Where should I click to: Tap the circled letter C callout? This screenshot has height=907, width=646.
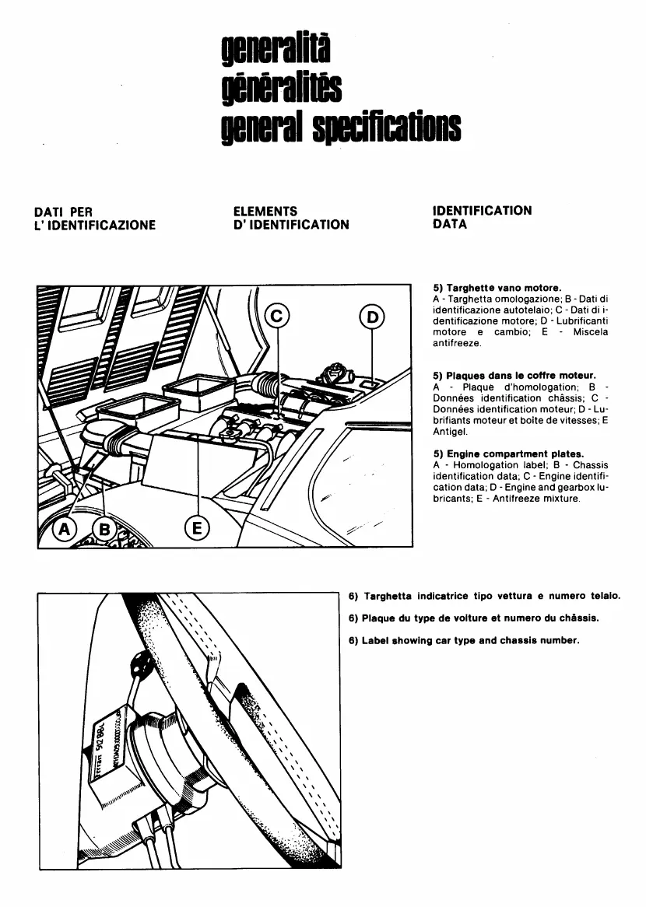coord(277,317)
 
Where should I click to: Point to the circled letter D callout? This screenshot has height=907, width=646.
coord(372,317)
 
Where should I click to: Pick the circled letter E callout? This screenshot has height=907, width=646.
coord(197,529)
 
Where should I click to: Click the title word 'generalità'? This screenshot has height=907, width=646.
coord(276,51)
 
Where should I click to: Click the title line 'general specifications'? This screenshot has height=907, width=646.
coord(341,126)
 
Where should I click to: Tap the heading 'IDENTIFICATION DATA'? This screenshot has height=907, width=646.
coord(482,217)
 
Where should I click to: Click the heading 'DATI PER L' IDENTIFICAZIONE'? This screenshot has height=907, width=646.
coord(95,218)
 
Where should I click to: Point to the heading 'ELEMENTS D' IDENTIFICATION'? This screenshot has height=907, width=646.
coord(291,218)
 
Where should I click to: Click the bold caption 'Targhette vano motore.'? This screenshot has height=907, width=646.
coord(507,288)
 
